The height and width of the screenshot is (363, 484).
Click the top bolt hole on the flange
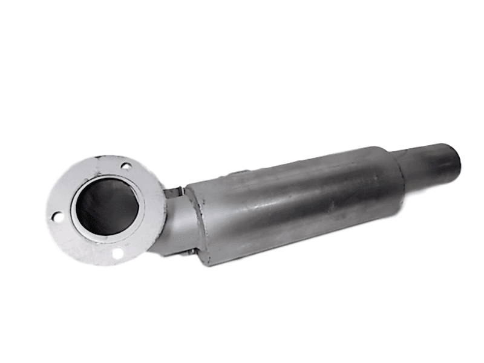(x=126, y=165)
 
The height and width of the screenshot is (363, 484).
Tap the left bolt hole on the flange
(x=56, y=216)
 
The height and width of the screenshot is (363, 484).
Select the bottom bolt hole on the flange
(x=119, y=254)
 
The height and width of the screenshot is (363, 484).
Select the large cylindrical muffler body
(x=296, y=200)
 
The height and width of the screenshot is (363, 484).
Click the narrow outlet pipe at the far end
(x=430, y=160)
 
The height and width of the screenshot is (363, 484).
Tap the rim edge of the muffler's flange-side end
(x=192, y=224)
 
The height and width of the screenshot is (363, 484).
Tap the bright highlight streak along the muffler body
(x=290, y=181)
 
